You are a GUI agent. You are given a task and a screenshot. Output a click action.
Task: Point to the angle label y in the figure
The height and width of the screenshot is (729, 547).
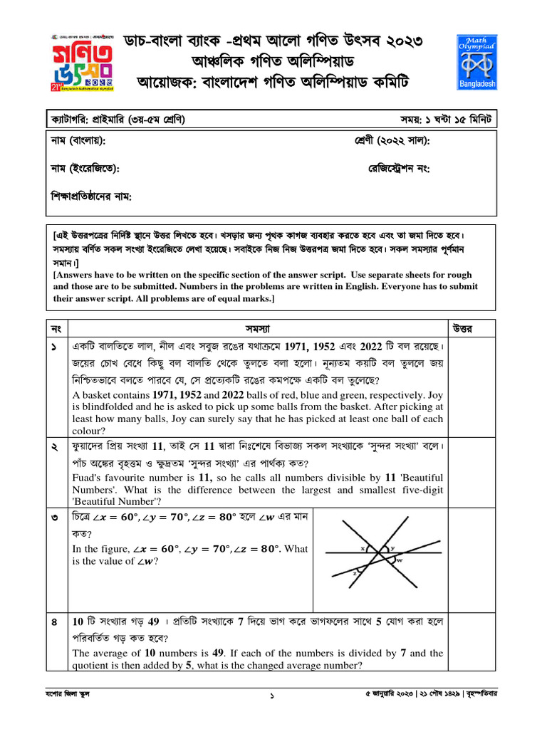coord(392,548)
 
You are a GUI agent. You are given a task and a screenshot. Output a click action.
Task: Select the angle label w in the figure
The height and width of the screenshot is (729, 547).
coord(399,560)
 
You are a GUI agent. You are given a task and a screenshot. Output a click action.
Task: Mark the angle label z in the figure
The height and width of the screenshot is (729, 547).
coord(354,572)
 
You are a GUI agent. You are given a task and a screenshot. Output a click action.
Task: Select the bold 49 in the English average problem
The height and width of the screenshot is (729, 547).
coord(209,653)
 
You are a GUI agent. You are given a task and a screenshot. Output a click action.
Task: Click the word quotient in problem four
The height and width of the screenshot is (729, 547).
coord(93,666)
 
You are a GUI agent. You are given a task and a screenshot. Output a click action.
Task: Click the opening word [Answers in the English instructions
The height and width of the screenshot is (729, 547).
coord(78,275)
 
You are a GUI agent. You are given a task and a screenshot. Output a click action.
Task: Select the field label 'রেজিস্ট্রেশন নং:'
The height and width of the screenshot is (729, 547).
coord(399,169)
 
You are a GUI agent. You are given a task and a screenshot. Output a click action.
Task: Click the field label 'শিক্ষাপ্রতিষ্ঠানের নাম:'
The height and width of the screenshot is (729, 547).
coord(92,196)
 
